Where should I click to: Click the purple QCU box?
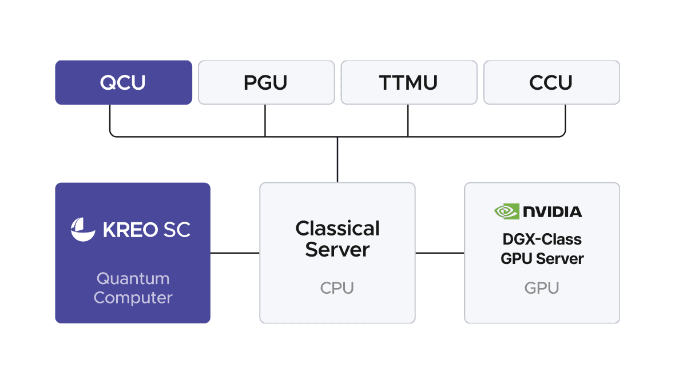pyautogui.click(x=123, y=83)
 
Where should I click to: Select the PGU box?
pyautogui.click(x=266, y=83)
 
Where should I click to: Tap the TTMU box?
pyautogui.click(x=408, y=83)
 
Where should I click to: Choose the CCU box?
pyautogui.click(x=551, y=83)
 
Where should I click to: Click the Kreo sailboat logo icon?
pyautogui.click(x=83, y=229)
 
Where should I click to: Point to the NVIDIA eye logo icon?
pyautogui.click(x=506, y=211)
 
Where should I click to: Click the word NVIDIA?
pyautogui.click(x=553, y=211)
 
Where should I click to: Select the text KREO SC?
pyautogui.click(x=146, y=230)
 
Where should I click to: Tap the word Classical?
pyautogui.click(x=337, y=229)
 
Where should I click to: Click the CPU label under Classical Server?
pyautogui.click(x=337, y=287)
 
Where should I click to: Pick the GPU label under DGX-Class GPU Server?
pyautogui.click(x=541, y=287)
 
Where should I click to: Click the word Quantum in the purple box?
pyautogui.click(x=133, y=279)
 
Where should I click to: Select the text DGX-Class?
pyautogui.click(x=542, y=239)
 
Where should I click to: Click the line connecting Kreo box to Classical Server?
pyautogui.click(x=235, y=253)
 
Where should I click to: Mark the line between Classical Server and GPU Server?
pyautogui.click(x=439, y=253)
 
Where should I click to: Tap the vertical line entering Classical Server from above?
pyautogui.click(x=337, y=160)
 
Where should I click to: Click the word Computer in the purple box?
pyautogui.click(x=133, y=298)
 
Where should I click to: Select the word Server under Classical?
pyautogui.click(x=337, y=250)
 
